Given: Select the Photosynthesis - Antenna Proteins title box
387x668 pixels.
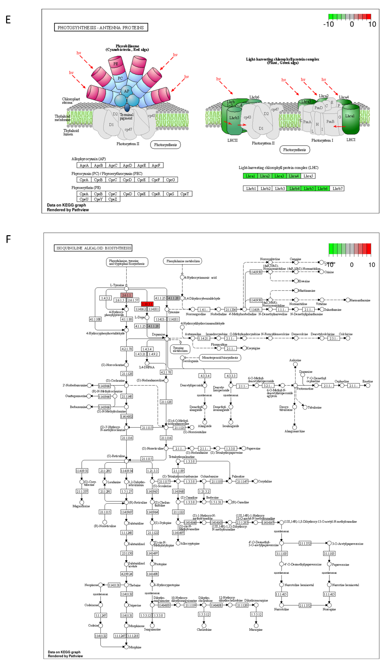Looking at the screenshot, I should [x=101, y=27].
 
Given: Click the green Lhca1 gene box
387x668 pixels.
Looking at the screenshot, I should [x=250, y=176].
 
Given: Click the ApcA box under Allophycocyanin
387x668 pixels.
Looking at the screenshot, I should [x=84, y=165].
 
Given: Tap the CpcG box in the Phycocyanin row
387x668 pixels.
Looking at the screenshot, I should [x=170, y=180].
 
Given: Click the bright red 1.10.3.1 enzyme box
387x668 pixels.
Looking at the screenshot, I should [x=147, y=304].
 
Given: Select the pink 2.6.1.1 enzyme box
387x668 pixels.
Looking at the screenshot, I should [x=126, y=295].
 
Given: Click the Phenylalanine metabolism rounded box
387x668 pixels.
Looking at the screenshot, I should [x=182, y=261].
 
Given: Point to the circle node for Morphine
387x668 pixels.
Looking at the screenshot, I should [x=126, y=647].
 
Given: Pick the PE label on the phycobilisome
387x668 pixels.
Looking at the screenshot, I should [x=116, y=64].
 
